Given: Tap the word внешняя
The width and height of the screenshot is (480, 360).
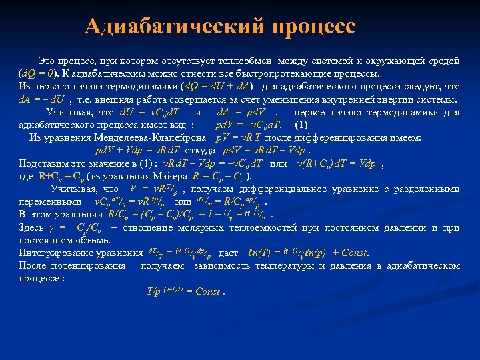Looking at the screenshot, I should tap(119, 99).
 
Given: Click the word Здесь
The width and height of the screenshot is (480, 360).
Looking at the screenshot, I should tap(31, 227).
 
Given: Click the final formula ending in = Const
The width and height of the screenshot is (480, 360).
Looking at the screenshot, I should tap(185, 291).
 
